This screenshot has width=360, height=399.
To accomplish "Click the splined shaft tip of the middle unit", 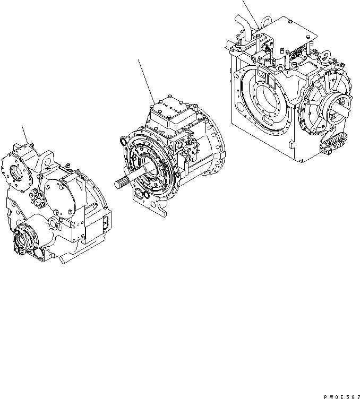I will coord(119,184).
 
